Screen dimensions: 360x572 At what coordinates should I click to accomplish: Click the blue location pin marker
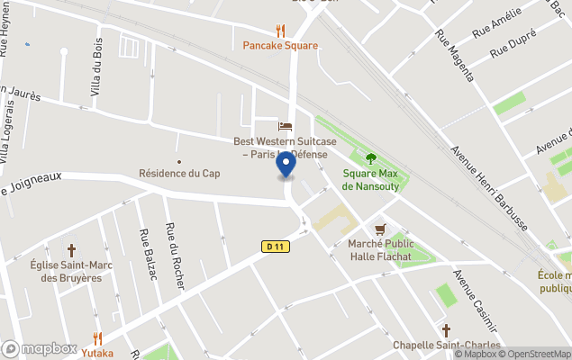(286, 166)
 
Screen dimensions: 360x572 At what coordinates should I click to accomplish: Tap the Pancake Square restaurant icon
(280, 31)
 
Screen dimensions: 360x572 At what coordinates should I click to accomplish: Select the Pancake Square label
(280, 46)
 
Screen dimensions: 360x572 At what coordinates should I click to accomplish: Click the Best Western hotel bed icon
(286, 126)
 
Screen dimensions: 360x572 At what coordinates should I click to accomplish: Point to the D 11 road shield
(277, 246)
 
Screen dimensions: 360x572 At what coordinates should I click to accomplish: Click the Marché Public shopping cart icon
(380, 229)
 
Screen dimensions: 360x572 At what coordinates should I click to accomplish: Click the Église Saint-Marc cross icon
(71, 249)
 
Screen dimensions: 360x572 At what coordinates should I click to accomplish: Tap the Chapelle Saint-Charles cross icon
(446, 330)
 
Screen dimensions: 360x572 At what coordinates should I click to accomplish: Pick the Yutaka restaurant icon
(98, 338)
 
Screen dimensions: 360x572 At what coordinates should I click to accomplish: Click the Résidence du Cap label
(179, 173)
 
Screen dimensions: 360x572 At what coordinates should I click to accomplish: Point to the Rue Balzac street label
(148, 254)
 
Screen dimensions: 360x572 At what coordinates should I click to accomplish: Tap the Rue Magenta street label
(454, 55)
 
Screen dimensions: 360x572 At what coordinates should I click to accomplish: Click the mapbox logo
(40, 348)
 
